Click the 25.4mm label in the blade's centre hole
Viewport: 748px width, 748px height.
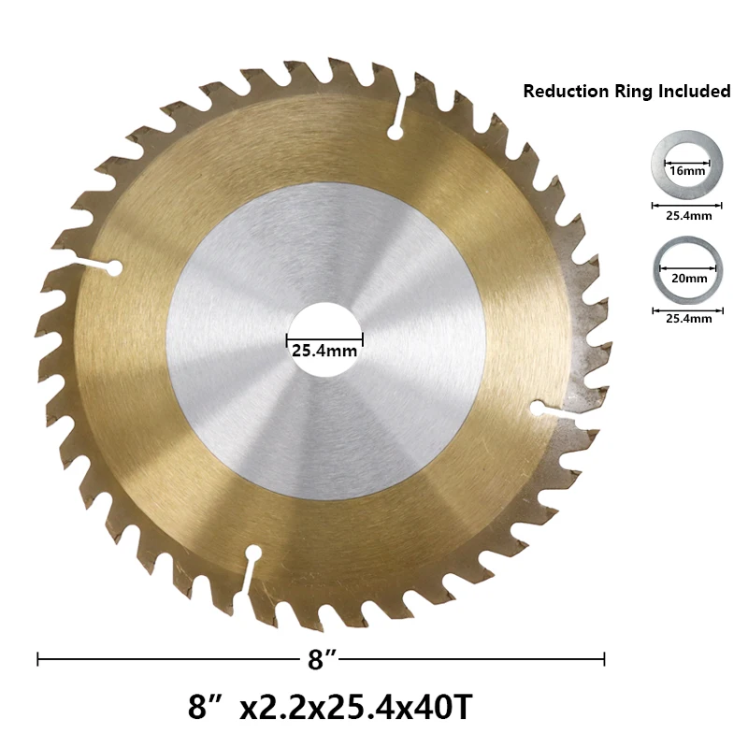[324, 352]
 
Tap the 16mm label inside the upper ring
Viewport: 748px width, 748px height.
[687, 171]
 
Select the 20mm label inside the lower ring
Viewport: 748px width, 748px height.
[689, 278]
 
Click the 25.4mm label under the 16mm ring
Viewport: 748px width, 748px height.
[689, 216]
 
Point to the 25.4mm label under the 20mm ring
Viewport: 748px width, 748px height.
[689, 319]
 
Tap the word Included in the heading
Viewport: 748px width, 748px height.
[694, 91]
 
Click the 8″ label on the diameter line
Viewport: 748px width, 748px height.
[323, 659]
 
